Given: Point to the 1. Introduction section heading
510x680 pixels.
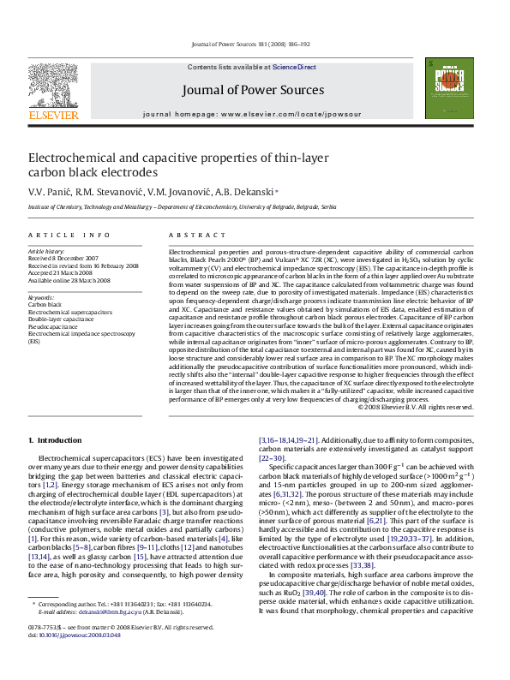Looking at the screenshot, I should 55,440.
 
